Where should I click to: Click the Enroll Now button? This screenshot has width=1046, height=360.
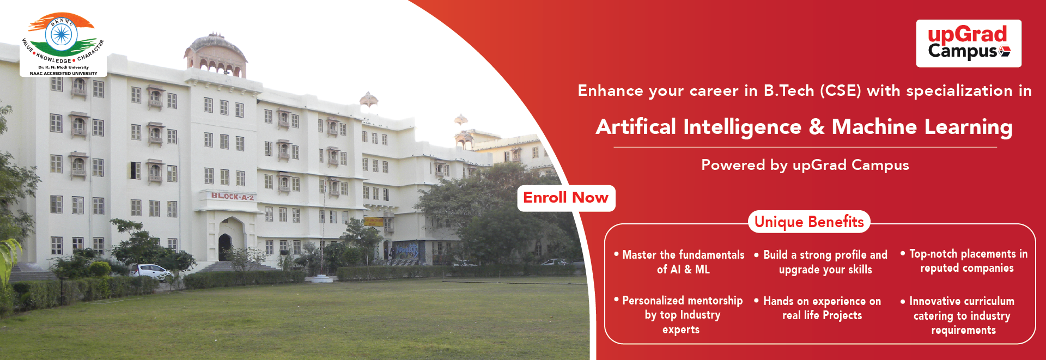click(x=566, y=198)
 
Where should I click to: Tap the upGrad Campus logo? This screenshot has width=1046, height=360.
click(x=969, y=44)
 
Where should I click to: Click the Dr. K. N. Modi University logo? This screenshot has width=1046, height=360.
click(x=63, y=45)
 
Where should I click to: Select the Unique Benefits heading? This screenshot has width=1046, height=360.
click(x=809, y=222)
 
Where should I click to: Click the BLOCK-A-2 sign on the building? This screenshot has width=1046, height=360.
click(x=233, y=196)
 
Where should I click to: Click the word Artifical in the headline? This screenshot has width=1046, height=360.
click(x=636, y=127)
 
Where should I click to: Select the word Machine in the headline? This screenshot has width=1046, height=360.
click(x=874, y=127)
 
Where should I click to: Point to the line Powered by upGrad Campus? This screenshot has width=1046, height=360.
click(x=805, y=165)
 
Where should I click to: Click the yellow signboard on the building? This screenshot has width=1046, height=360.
click(x=374, y=222)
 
